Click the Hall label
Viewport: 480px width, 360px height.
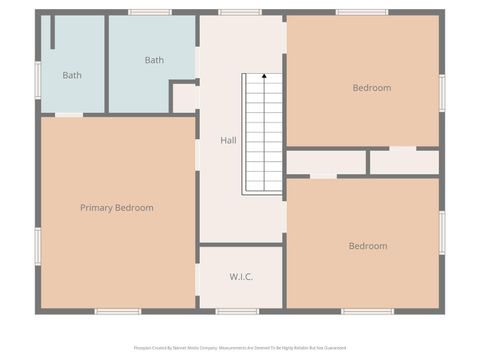(x=228, y=141)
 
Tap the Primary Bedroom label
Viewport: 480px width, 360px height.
(x=117, y=208)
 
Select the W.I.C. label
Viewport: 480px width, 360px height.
(x=240, y=277)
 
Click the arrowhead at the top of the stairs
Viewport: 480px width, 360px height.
(x=264, y=76)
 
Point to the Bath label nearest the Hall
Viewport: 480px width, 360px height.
(x=154, y=61)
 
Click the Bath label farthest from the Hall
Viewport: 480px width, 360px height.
(x=72, y=75)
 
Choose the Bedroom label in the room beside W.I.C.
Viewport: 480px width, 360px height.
(x=367, y=246)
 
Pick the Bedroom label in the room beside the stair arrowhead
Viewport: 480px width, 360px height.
(x=371, y=88)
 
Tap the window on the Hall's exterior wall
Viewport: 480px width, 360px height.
(x=240, y=12)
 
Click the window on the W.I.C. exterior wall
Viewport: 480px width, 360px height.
(x=238, y=311)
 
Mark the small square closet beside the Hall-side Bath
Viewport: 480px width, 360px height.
(x=184, y=98)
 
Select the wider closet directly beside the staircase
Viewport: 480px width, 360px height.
(x=325, y=162)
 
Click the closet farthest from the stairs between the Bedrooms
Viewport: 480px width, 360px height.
(x=405, y=162)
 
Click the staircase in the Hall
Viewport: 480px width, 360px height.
(x=263, y=134)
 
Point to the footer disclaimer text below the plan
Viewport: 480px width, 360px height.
(x=240, y=348)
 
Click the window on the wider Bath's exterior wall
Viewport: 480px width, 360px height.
(x=150, y=12)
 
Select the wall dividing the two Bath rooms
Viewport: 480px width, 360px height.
(x=106, y=63)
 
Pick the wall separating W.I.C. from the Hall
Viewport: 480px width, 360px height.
(x=240, y=244)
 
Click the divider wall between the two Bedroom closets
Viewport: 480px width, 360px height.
(x=368, y=162)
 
